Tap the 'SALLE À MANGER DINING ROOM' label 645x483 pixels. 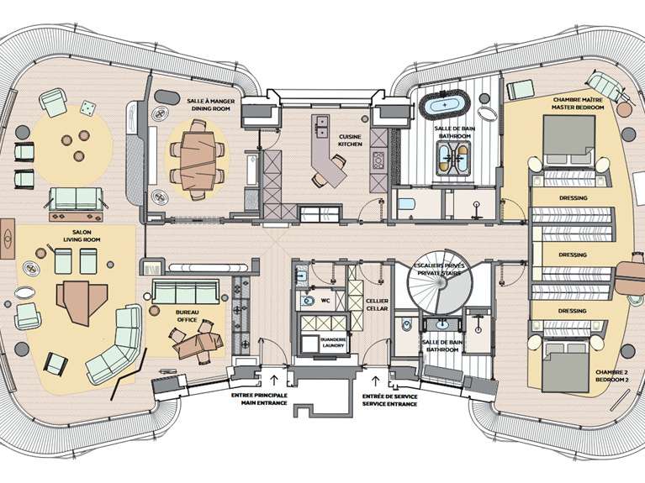[x=212, y=105]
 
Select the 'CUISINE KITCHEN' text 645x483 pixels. [x=351, y=139]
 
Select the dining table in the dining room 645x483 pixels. [x=200, y=155]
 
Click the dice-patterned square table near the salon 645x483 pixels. [x=87, y=108]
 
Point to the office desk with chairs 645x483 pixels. [x=194, y=339]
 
